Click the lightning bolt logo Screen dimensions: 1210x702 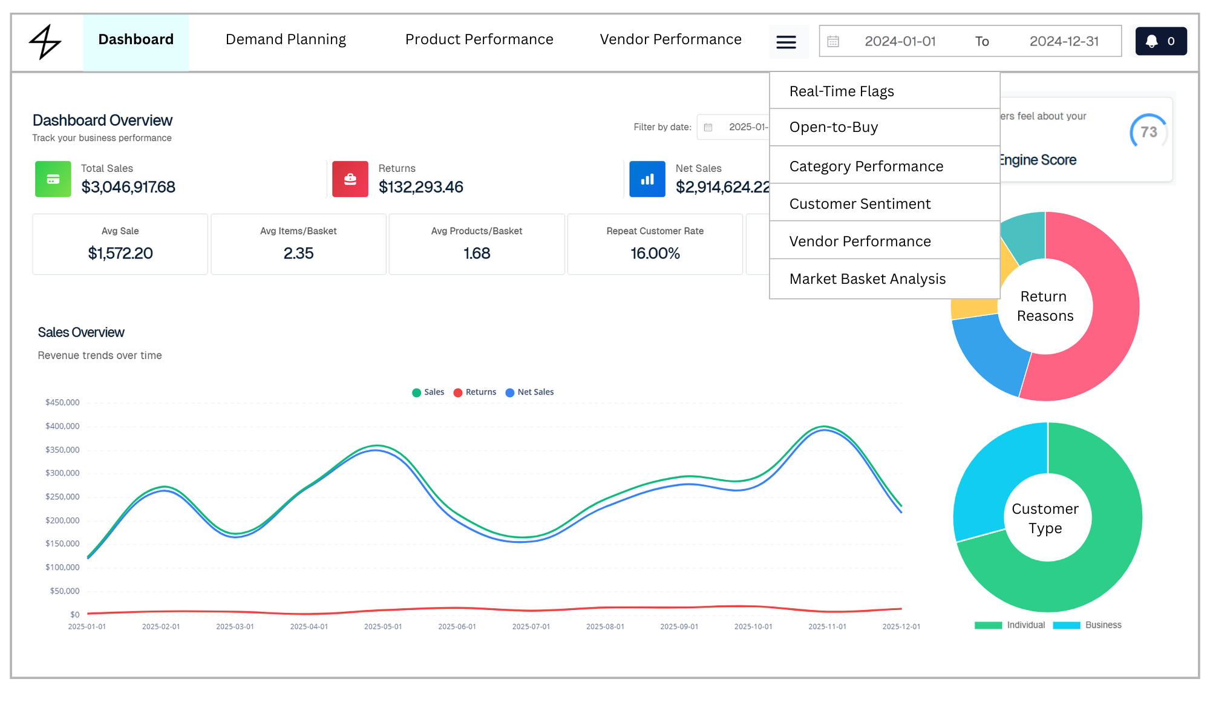click(x=45, y=42)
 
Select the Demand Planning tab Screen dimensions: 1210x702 click(x=286, y=40)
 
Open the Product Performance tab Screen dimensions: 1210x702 click(x=479, y=40)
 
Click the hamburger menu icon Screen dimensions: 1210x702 click(x=786, y=42)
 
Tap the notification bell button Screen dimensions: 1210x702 click(x=1161, y=41)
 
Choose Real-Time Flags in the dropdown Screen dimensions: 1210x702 click(x=842, y=91)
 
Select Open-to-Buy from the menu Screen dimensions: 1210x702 click(x=834, y=127)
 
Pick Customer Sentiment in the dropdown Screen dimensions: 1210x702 click(x=860, y=204)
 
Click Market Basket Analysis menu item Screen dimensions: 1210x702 click(x=868, y=279)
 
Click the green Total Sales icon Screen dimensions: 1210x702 click(x=53, y=179)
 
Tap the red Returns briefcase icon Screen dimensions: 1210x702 click(x=350, y=179)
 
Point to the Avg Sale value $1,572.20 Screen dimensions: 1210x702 click(x=120, y=254)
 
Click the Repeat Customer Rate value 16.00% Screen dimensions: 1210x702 click(x=655, y=254)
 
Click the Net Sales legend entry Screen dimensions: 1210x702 click(x=530, y=392)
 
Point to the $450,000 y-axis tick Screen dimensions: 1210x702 click(x=62, y=402)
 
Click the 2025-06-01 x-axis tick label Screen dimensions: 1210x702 click(x=457, y=626)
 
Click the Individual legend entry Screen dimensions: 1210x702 click(x=1010, y=625)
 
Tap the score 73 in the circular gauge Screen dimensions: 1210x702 click(x=1149, y=132)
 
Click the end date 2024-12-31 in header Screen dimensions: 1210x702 click(x=1064, y=41)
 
